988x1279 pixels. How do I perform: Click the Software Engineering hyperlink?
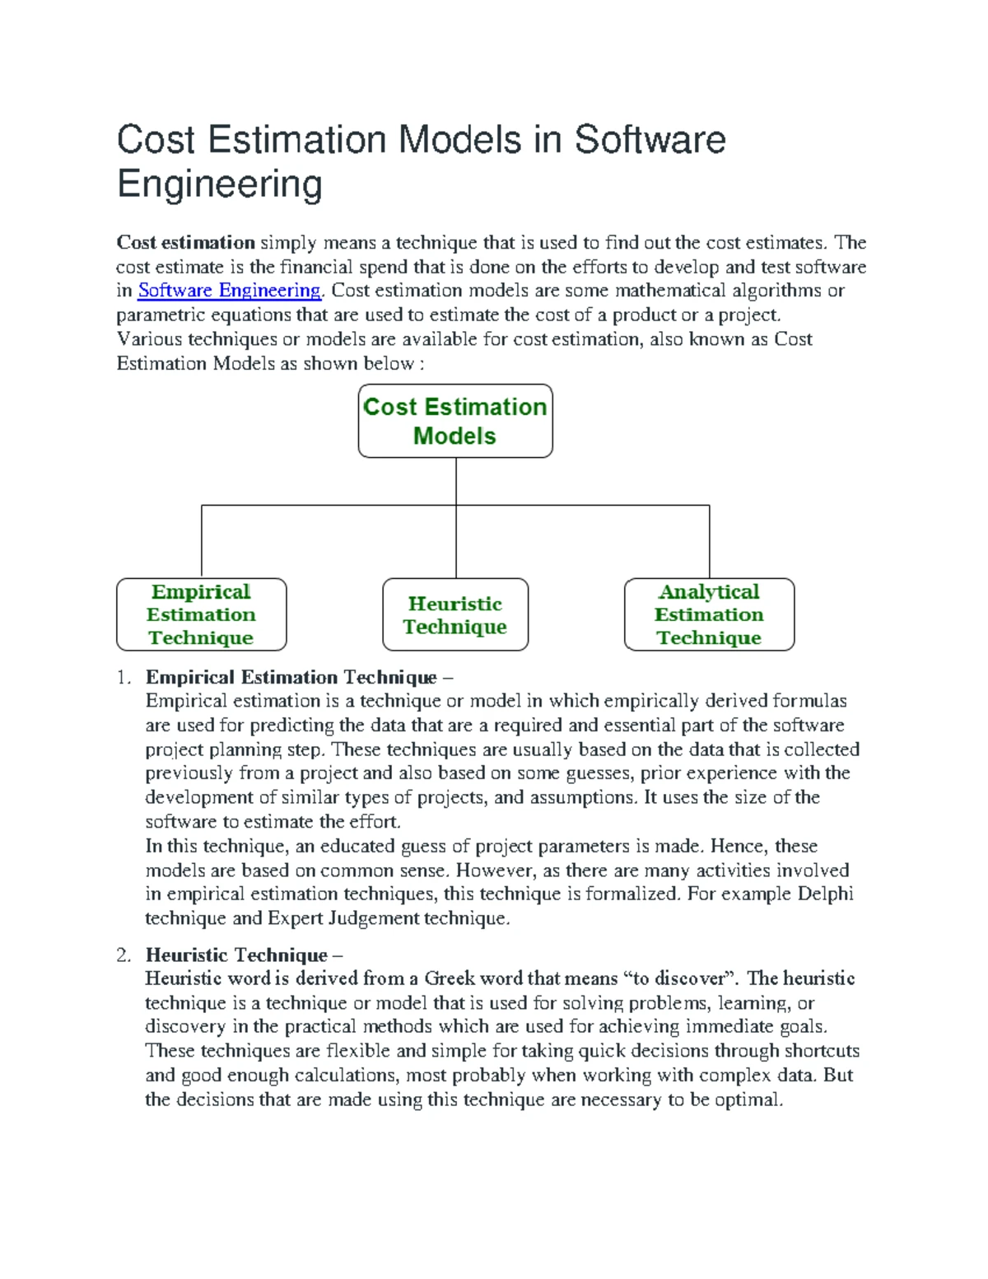tap(229, 291)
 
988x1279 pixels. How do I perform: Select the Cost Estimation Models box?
tap(455, 421)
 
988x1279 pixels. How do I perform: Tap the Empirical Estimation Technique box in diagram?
tap(202, 614)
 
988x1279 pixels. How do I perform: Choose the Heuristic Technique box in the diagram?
tap(455, 614)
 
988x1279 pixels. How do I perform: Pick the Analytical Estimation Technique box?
tap(709, 614)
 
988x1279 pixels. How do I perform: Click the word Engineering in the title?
tap(219, 184)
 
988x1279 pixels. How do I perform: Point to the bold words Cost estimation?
tap(185, 243)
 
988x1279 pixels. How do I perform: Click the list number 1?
tap(123, 678)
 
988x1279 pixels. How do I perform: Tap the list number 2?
tap(123, 955)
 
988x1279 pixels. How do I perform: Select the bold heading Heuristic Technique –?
tap(244, 955)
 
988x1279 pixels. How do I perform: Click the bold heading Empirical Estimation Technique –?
tap(299, 678)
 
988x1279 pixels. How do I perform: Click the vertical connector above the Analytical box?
tap(709, 541)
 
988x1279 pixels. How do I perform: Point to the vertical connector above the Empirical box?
tap(202, 541)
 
